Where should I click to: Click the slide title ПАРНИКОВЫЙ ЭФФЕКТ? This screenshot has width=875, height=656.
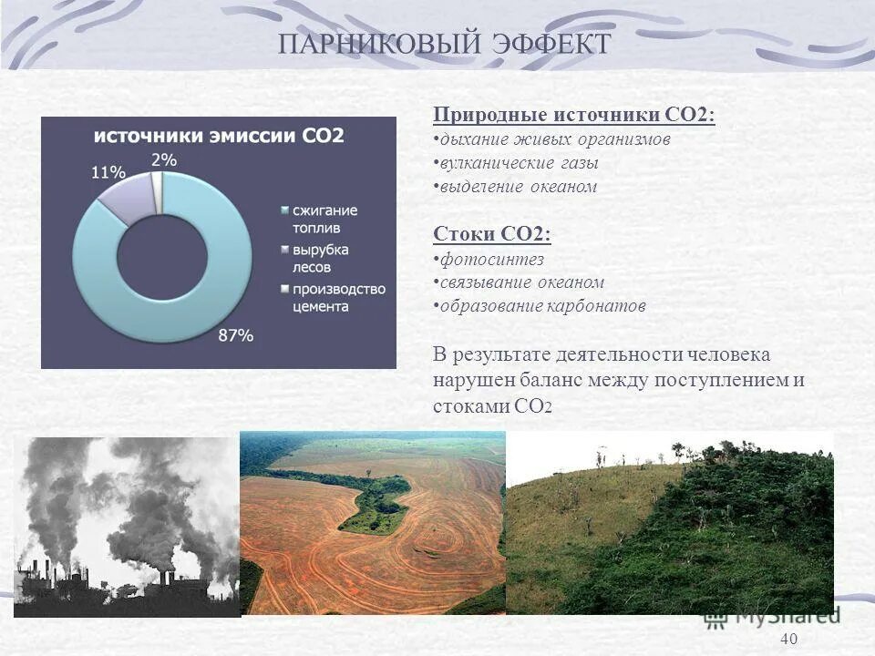tap(444, 43)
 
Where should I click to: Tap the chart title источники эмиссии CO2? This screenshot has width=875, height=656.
tap(219, 136)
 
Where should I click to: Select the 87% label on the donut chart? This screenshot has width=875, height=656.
tap(234, 335)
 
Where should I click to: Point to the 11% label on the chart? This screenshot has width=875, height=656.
tap(108, 171)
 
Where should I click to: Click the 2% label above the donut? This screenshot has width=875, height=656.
tap(164, 159)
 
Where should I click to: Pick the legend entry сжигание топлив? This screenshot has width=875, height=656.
tap(324, 218)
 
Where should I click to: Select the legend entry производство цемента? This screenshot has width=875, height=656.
tap(337, 297)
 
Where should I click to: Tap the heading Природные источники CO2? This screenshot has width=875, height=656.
tap(573, 115)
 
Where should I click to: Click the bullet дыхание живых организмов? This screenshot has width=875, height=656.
tap(554, 139)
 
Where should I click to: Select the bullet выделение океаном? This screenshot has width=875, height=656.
tap(518, 187)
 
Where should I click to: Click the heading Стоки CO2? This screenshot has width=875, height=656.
tap(492, 234)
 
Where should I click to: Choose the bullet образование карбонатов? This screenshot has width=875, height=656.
tap(542, 306)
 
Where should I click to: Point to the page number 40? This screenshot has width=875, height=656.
tap(789, 639)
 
